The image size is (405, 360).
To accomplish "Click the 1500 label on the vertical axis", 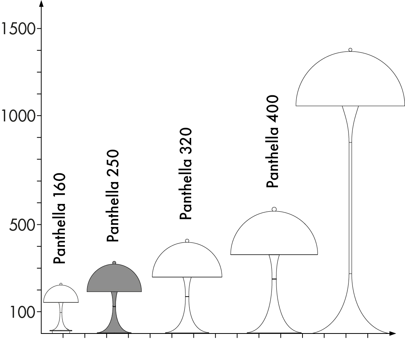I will point(18,28).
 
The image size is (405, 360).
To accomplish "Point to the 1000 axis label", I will point(18,115).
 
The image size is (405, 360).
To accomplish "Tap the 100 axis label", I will point(22,312).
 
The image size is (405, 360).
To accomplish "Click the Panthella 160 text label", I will point(60,219).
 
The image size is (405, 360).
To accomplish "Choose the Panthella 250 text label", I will point(113,196).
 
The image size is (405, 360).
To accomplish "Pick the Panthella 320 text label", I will point(185,173).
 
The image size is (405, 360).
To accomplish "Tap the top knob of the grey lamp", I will point(114,263).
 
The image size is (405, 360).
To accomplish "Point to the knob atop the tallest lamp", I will point(350,50).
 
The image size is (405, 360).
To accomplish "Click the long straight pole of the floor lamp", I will point(350,207).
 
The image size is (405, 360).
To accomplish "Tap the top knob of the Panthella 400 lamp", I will point(274,209).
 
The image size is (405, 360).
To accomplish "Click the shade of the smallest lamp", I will point(61,295).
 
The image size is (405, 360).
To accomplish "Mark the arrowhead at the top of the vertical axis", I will point(41,4).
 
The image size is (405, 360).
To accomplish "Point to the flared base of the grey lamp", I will point(114,325).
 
